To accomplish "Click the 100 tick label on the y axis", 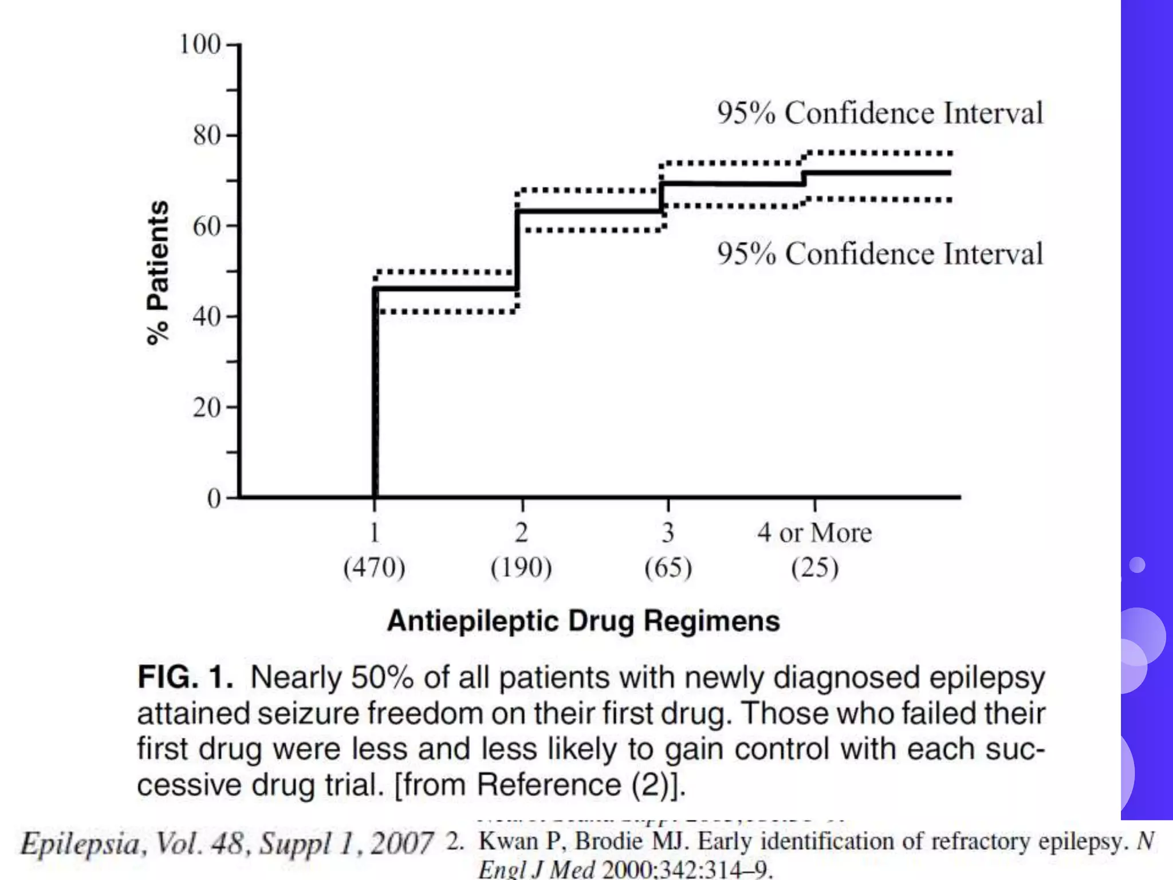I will (x=200, y=45).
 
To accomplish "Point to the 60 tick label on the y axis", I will (x=207, y=227).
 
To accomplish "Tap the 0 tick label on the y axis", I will (x=214, y=498).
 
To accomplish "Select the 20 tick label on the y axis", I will (x=207, y=408).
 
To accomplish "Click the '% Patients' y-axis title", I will (x=158, y=273).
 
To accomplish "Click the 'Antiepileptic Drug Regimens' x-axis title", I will (x=583, y=621).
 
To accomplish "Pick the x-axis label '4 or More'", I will (x=814, y=533).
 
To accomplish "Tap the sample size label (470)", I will (x=374, y=568).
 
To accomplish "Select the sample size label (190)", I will (x=521, y=568).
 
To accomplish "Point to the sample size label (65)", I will (x=668, y=568).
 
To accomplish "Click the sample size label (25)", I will (x=814, y=568).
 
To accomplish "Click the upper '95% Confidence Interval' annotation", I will (x=880, y=113).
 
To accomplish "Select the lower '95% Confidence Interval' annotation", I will (x=880, y=254).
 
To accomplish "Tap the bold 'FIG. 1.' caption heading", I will (x=185, y=677).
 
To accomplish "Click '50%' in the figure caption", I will (x=382, y=677).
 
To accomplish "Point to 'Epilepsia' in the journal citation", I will (x=80, y=844).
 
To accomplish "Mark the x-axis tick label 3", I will (x=668, y=533).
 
